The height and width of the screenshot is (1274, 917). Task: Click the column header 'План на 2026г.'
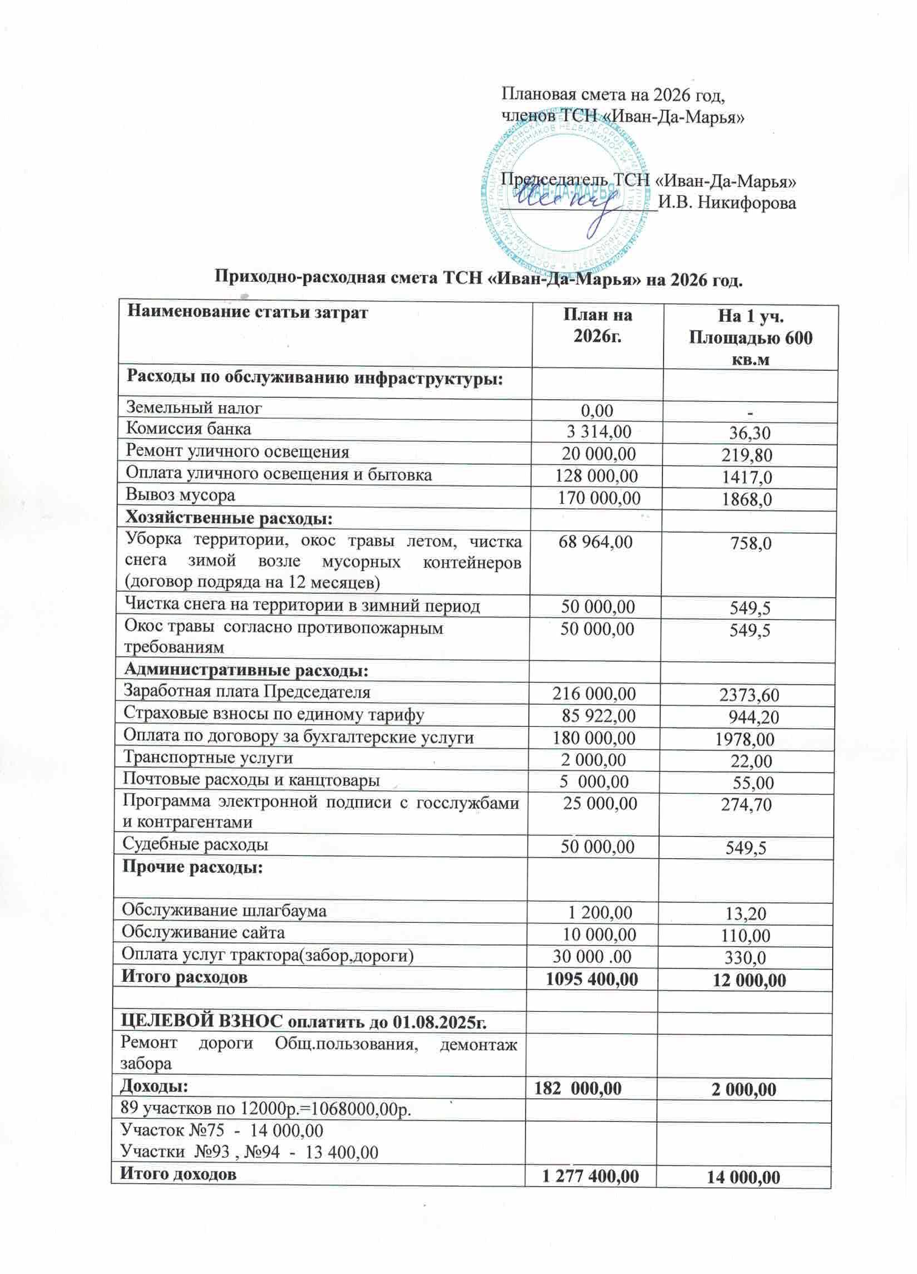(598, 326)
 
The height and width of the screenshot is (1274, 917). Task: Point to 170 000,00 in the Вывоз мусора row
(599, 498)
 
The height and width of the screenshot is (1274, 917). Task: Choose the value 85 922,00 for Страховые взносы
(599, 716)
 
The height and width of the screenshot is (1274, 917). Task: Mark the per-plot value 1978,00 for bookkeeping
(745, 739)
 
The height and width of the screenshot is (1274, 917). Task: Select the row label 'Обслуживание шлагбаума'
(224, 910)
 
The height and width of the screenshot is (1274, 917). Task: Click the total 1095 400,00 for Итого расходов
(592, 979)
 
